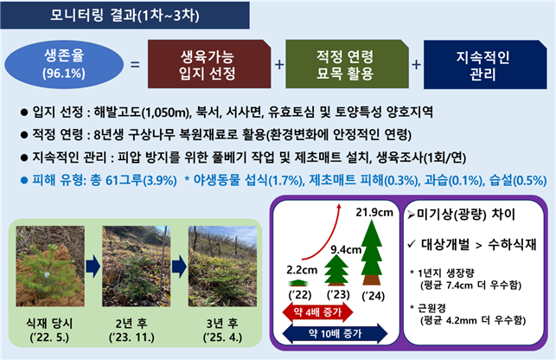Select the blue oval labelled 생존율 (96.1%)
click(x=61, y=64)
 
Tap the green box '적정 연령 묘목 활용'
click(x=343, y=64)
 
